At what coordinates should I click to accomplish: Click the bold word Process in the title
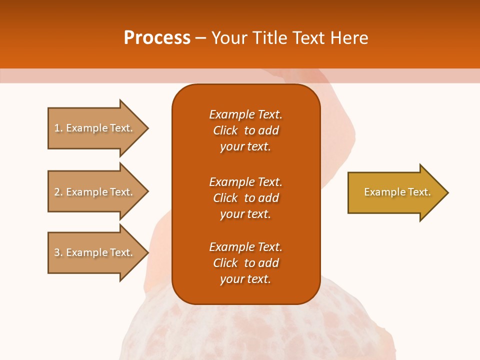click(x=157, y=38)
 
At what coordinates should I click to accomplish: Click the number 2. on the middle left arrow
click(x=58, y=192)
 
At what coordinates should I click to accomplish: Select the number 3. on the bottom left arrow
click(x=58, y=252)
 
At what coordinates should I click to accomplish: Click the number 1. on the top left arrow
click(x=58, y=128)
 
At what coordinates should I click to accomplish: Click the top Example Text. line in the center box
click(x=245, y=114)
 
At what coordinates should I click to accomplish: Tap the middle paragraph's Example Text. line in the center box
click(x=245, y=181)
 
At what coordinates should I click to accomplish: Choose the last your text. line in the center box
click(x=245, y=279)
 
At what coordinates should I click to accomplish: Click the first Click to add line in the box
click(x=245, y=130)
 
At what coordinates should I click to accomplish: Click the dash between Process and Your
click(x=201, y=38)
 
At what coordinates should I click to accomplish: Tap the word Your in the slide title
click(x=229, y=38)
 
